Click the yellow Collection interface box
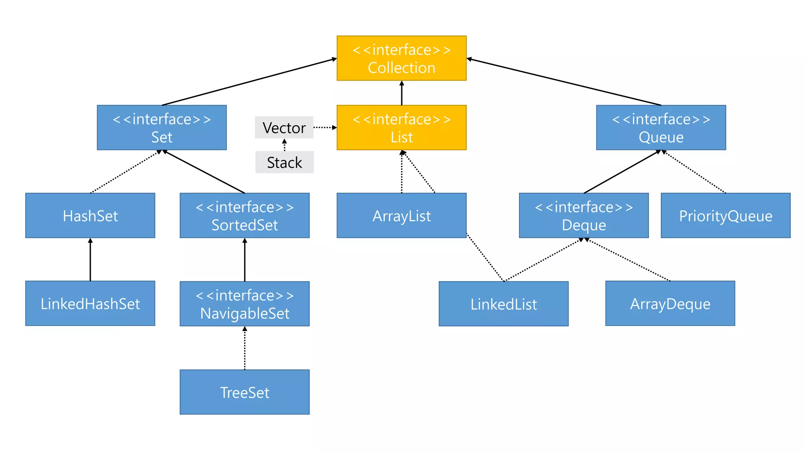tap(401, 58)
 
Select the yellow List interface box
tap(401, 127)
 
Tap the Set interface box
tap(162, 127)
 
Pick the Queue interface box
tap(661, 127)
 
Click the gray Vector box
tap(284, 127)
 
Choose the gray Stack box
tap(284, 162)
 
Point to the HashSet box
tap(90, 215)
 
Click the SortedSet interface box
tap(244, 215)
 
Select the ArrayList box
tap(401, 215)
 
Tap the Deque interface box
tap(584, 215)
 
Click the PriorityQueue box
tap(726, 215)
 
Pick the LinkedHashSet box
tap(90, 303)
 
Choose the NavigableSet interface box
tap(244, 304)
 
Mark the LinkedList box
tap(504, 304)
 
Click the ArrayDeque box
tap(670, 303)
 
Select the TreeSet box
tap(244, 392)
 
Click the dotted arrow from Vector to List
tap(325, 127)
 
